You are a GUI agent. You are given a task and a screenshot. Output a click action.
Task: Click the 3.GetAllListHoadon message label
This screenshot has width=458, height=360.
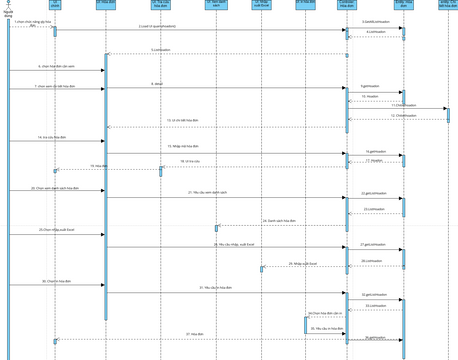point(376,21)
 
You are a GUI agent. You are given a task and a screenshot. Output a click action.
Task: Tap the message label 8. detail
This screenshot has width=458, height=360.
point(158,84)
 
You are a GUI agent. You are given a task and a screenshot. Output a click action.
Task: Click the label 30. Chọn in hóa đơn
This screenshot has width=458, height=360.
point(56,282)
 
